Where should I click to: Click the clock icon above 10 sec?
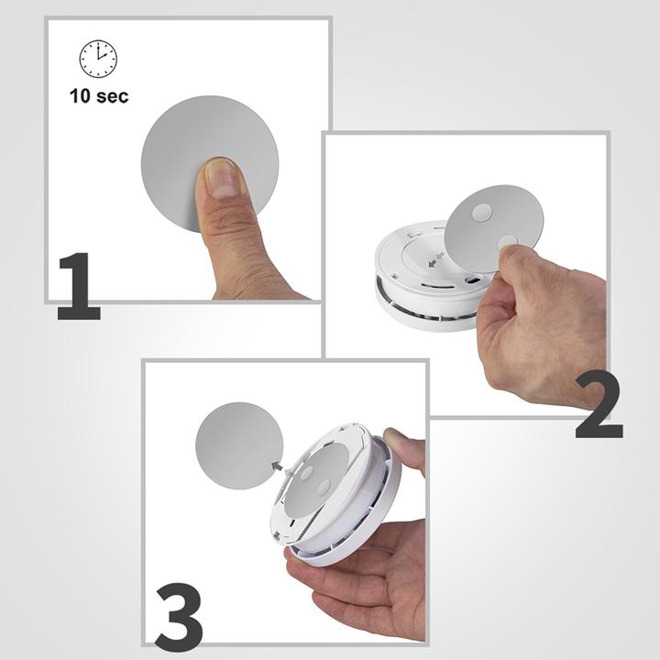point(98,60)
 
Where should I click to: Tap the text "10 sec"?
point(99,94)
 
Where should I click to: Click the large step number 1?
point(79,287)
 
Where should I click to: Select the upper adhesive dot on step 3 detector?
point(305,473)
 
